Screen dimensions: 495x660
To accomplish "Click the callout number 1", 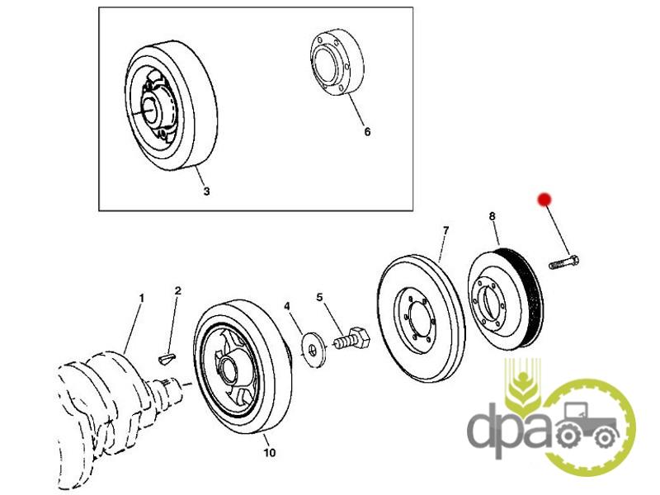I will [141, 297].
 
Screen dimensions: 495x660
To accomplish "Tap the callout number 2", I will [177, 291].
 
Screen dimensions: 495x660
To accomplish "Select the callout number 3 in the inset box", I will [206, 191].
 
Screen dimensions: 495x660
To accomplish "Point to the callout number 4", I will [287, 307].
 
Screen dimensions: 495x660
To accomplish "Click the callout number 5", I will [320, 297].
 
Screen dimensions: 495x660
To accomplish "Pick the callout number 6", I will [367, 132].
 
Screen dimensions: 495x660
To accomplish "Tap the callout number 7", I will [445, 229].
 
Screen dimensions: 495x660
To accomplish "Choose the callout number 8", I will [492, 217].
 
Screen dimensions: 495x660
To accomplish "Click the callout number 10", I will [269, 453].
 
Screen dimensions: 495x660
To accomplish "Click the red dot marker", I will [544, 199].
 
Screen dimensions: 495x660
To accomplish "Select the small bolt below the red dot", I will [563, 263].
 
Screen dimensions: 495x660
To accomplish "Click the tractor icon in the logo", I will [588, 427].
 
